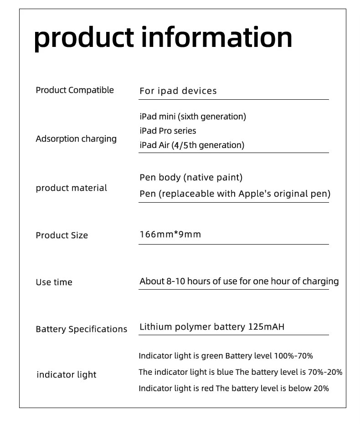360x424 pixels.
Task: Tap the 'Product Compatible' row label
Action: coord(75,90)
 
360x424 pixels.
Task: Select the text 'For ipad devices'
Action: coord(178,91)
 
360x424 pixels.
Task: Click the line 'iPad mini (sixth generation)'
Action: coord(193,117)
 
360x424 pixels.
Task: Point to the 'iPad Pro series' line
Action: coord(168,131)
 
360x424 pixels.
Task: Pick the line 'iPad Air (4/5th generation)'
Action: coord(192,145)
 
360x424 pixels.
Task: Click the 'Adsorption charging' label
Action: coord(76,139)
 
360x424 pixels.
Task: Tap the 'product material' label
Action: coord(72,188)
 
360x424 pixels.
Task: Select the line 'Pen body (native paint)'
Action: coord(191,178)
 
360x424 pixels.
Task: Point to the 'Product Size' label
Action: coord(62,235)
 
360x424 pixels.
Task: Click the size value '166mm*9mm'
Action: coord(170,235)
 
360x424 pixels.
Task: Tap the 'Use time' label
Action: coord(54,282)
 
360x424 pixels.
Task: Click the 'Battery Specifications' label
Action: coord(82,329)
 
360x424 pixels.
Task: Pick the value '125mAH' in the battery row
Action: coord(266,327)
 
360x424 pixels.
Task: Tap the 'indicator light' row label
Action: coord(67,375)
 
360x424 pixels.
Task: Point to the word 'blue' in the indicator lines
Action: coord(225,373)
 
